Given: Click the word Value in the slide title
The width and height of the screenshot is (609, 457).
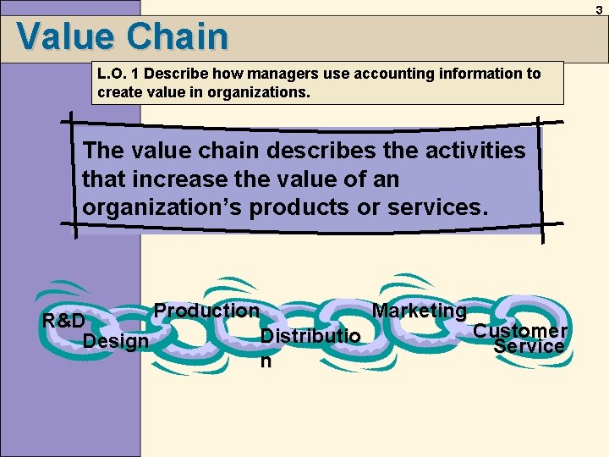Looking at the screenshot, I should pos(66,36).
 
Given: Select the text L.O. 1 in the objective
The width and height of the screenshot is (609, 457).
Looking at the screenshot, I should pos(122,74).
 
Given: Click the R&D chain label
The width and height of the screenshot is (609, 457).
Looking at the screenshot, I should pos(63,322).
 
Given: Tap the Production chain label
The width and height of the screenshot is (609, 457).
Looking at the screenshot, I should pos(206,311).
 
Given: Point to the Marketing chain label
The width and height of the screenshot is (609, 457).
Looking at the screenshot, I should pos(419,311).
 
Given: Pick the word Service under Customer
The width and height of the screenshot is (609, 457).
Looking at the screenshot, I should pos(529,346).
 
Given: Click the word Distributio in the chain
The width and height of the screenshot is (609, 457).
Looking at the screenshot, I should pos(310,337).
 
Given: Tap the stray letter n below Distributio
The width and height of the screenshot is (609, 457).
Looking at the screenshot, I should pos(266,361).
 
